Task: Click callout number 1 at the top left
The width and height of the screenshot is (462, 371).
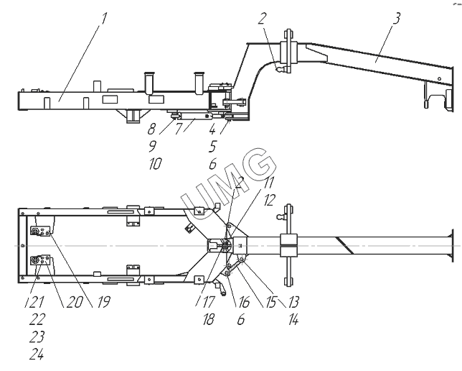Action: (103, 18)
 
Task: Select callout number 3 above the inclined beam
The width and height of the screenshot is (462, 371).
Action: (396, 18)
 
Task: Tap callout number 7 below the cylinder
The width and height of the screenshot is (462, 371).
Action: (179, 129)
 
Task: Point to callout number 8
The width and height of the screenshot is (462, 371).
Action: (152, 129)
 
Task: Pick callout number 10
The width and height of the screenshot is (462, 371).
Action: (155, 163)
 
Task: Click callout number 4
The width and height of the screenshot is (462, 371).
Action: (212, 129)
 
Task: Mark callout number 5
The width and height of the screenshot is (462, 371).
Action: (212, 146)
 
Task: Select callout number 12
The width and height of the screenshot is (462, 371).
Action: (269, 201)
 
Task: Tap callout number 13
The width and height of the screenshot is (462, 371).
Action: (293, 302)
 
